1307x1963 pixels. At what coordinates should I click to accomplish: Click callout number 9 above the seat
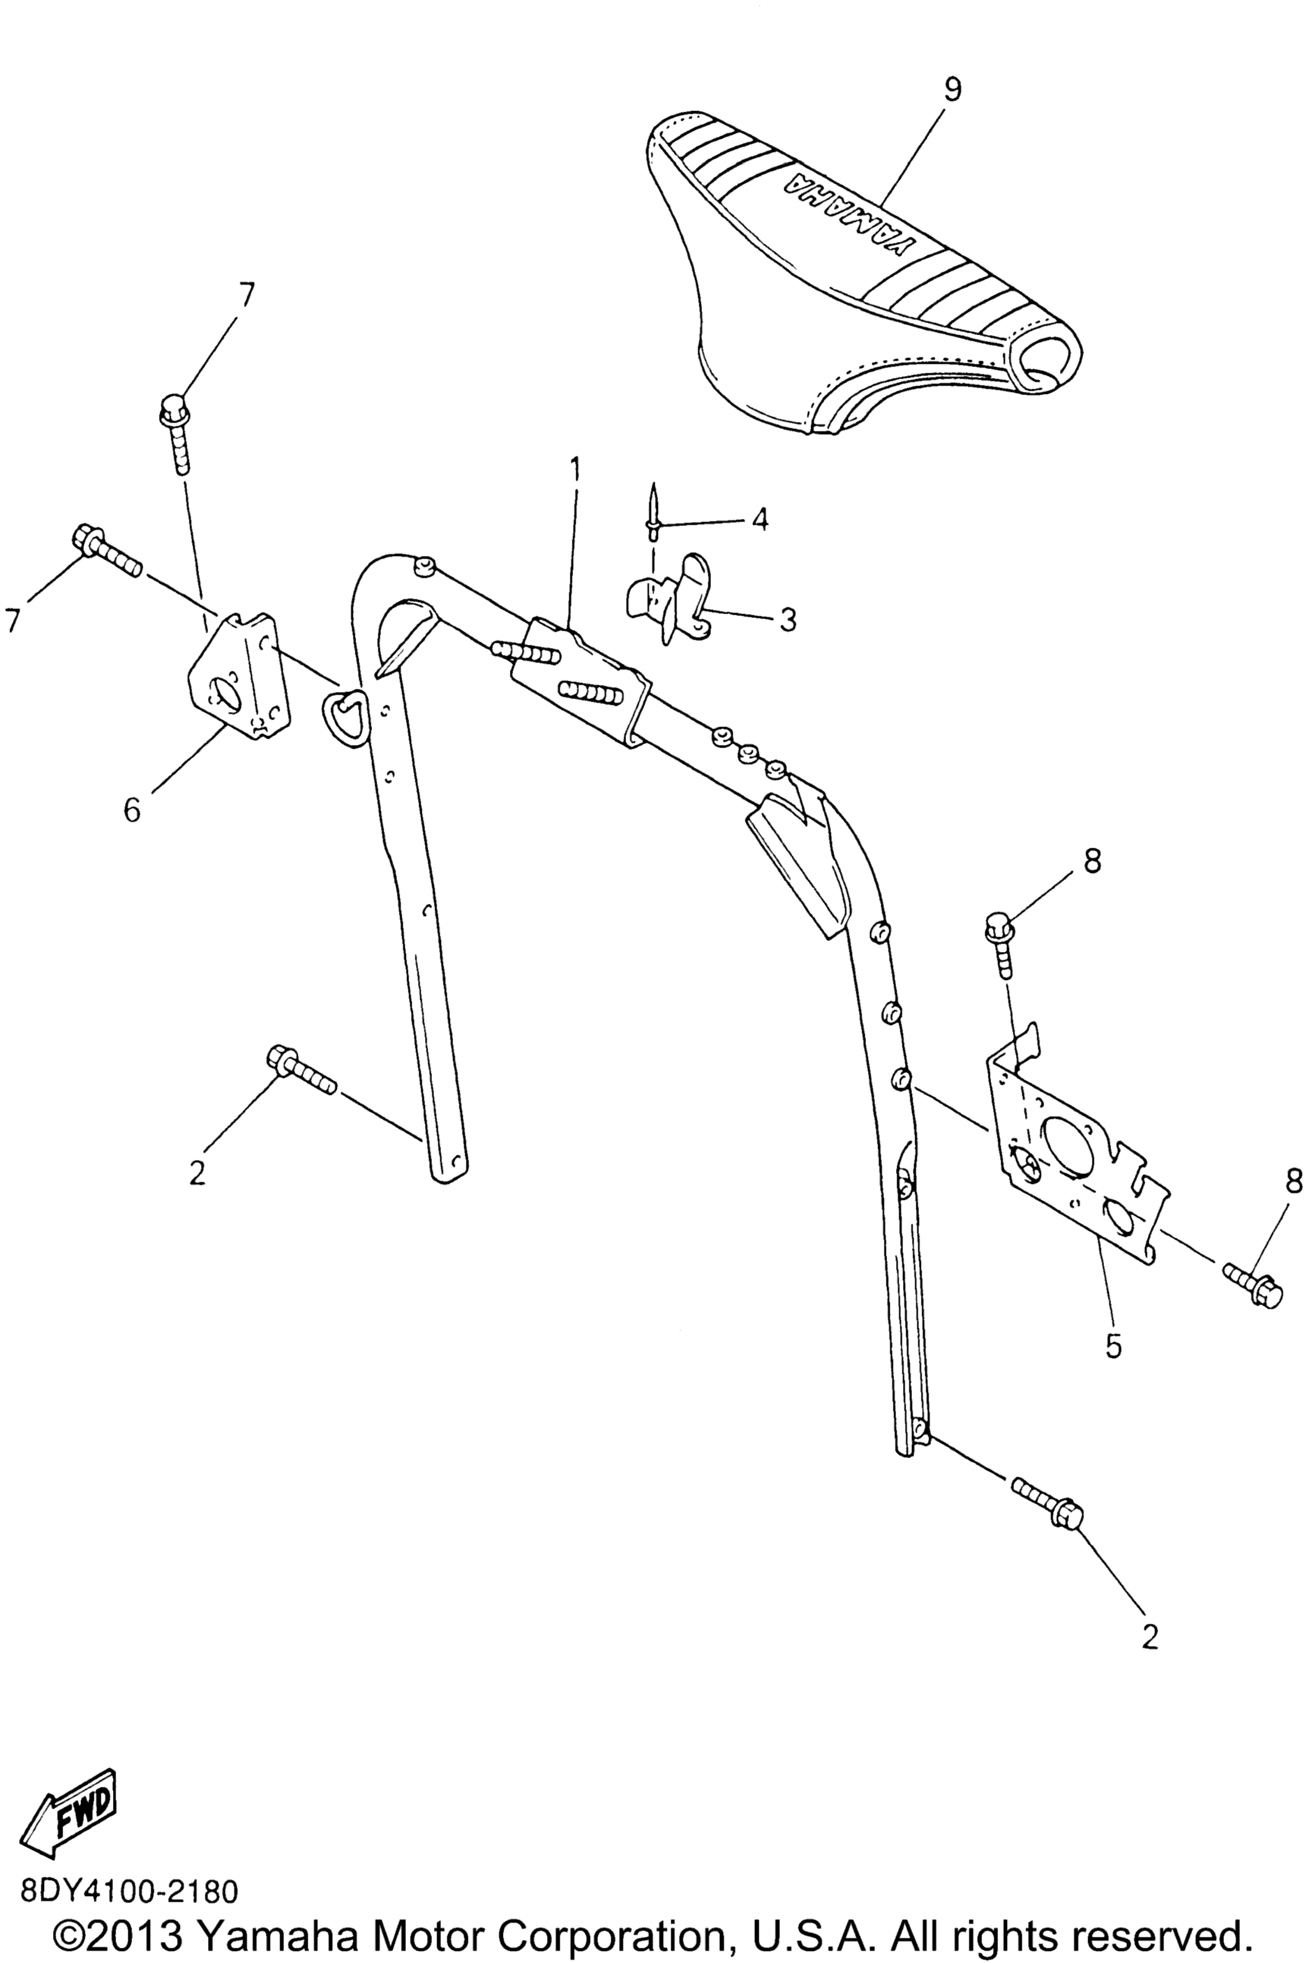953,89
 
